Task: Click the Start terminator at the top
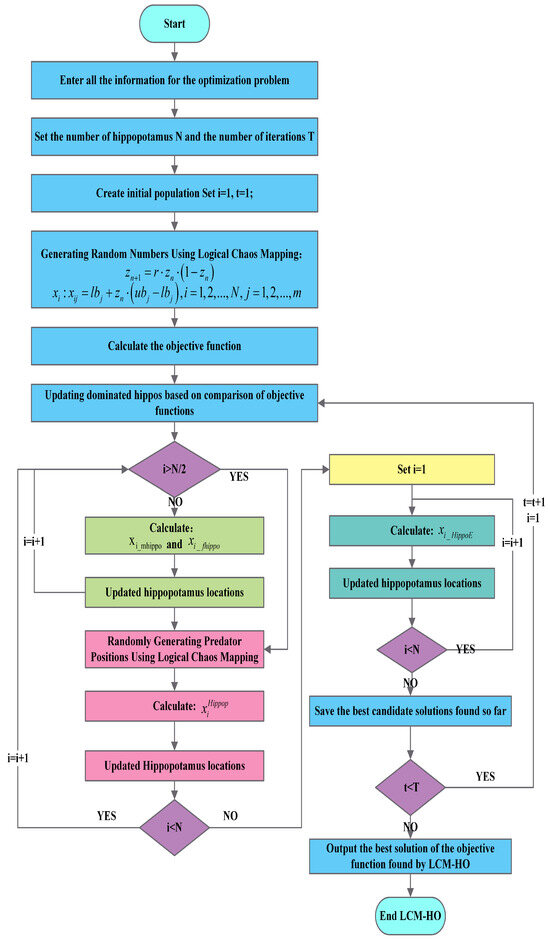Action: [175, 23]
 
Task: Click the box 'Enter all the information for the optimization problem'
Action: [175, 76]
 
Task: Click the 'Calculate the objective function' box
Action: [175, 346]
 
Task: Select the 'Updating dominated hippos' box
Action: [175, 403]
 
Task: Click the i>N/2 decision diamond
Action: [175, 467]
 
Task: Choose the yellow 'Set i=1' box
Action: [413, 467]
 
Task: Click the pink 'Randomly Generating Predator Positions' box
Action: [175, 648]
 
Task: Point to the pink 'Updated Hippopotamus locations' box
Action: [175, 766]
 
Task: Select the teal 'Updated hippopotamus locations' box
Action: [413, 582]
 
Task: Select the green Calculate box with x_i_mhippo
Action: [175, 533]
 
